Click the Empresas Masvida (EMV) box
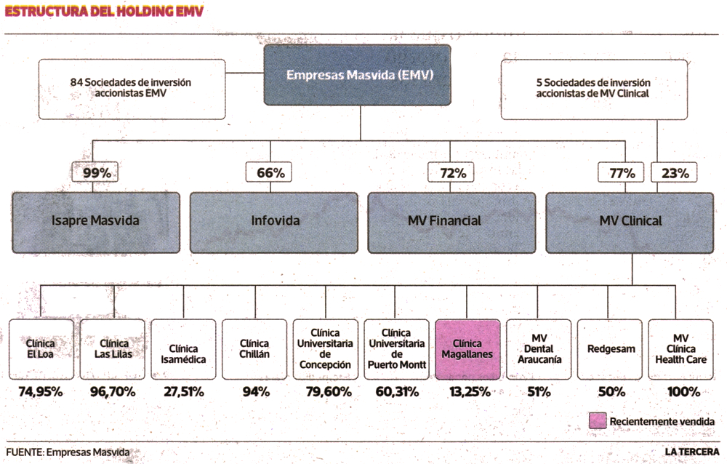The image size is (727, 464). (x=357, y=75)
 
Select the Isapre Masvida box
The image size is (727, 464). (x=96, y=223)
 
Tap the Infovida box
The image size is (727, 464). (x=274, y=223)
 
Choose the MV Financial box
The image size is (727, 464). (x=451, y=223)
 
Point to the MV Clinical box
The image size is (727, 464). (x=630, y=223)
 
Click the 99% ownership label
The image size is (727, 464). (x=95, y=172)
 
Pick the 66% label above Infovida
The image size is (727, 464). (x=269, y=172)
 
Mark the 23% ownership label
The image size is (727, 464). (x=674, y=172)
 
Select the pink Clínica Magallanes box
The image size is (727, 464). (x=467, y=349)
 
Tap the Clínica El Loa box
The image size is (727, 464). (x=41, y=349)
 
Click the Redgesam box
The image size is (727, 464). (x=610, y=349)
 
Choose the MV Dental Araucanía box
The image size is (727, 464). (x=539, y=349)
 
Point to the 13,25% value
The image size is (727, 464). (x=470, y=392)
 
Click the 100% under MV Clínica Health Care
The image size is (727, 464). (x=683, y=392)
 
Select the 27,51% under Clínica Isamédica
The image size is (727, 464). (x=184, y=392)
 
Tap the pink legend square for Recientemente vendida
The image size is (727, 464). (x=598, y=420)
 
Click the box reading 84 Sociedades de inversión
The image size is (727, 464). (x=132, y=89)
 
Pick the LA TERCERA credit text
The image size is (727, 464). (x=692, y=452)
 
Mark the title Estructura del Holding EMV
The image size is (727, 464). (x=104, y=11)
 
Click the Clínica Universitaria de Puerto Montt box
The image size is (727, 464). (x=397, y=349)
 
